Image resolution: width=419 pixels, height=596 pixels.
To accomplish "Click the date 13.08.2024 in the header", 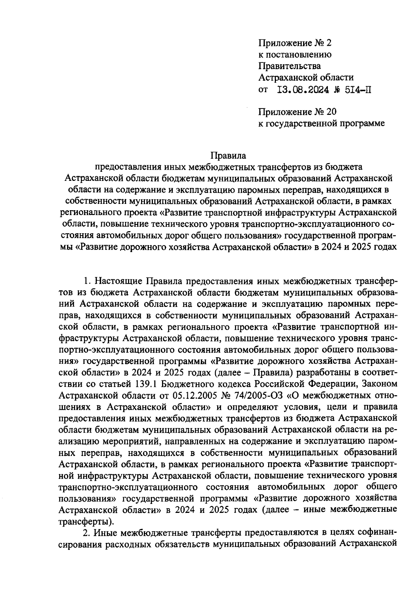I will pyautogui.click(x=303, y=90).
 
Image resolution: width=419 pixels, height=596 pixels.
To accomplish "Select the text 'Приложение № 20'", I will pyautogui.click(x=297, y=112).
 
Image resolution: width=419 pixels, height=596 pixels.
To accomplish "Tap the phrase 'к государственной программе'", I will pyautogui.click(x=321, y=123).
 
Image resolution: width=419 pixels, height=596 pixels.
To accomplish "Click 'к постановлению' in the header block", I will pyautogui.click(x=295, y=54).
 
